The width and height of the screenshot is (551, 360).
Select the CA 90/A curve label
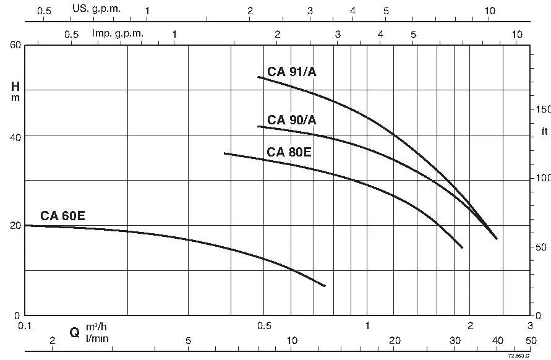point(292,120)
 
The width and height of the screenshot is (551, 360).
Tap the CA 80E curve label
point(289,152)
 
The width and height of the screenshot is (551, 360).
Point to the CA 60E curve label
point(63,216)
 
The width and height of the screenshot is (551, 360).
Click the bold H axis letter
point(15,86)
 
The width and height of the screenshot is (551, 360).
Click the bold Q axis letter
point(74,333)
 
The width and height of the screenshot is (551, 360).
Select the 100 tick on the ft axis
point(542,178)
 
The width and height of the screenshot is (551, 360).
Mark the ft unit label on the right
point(544,132)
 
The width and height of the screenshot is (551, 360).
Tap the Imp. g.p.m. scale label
point(117,33)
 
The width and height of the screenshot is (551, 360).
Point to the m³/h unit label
point(100,327)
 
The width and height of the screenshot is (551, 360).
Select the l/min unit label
point(97,338)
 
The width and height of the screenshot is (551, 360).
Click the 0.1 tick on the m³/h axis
point(25,325)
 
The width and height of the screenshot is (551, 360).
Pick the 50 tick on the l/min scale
point(531,341)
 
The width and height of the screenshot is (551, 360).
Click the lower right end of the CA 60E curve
point(325,286)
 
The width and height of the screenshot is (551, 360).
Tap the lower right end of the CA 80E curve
point(462,247)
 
